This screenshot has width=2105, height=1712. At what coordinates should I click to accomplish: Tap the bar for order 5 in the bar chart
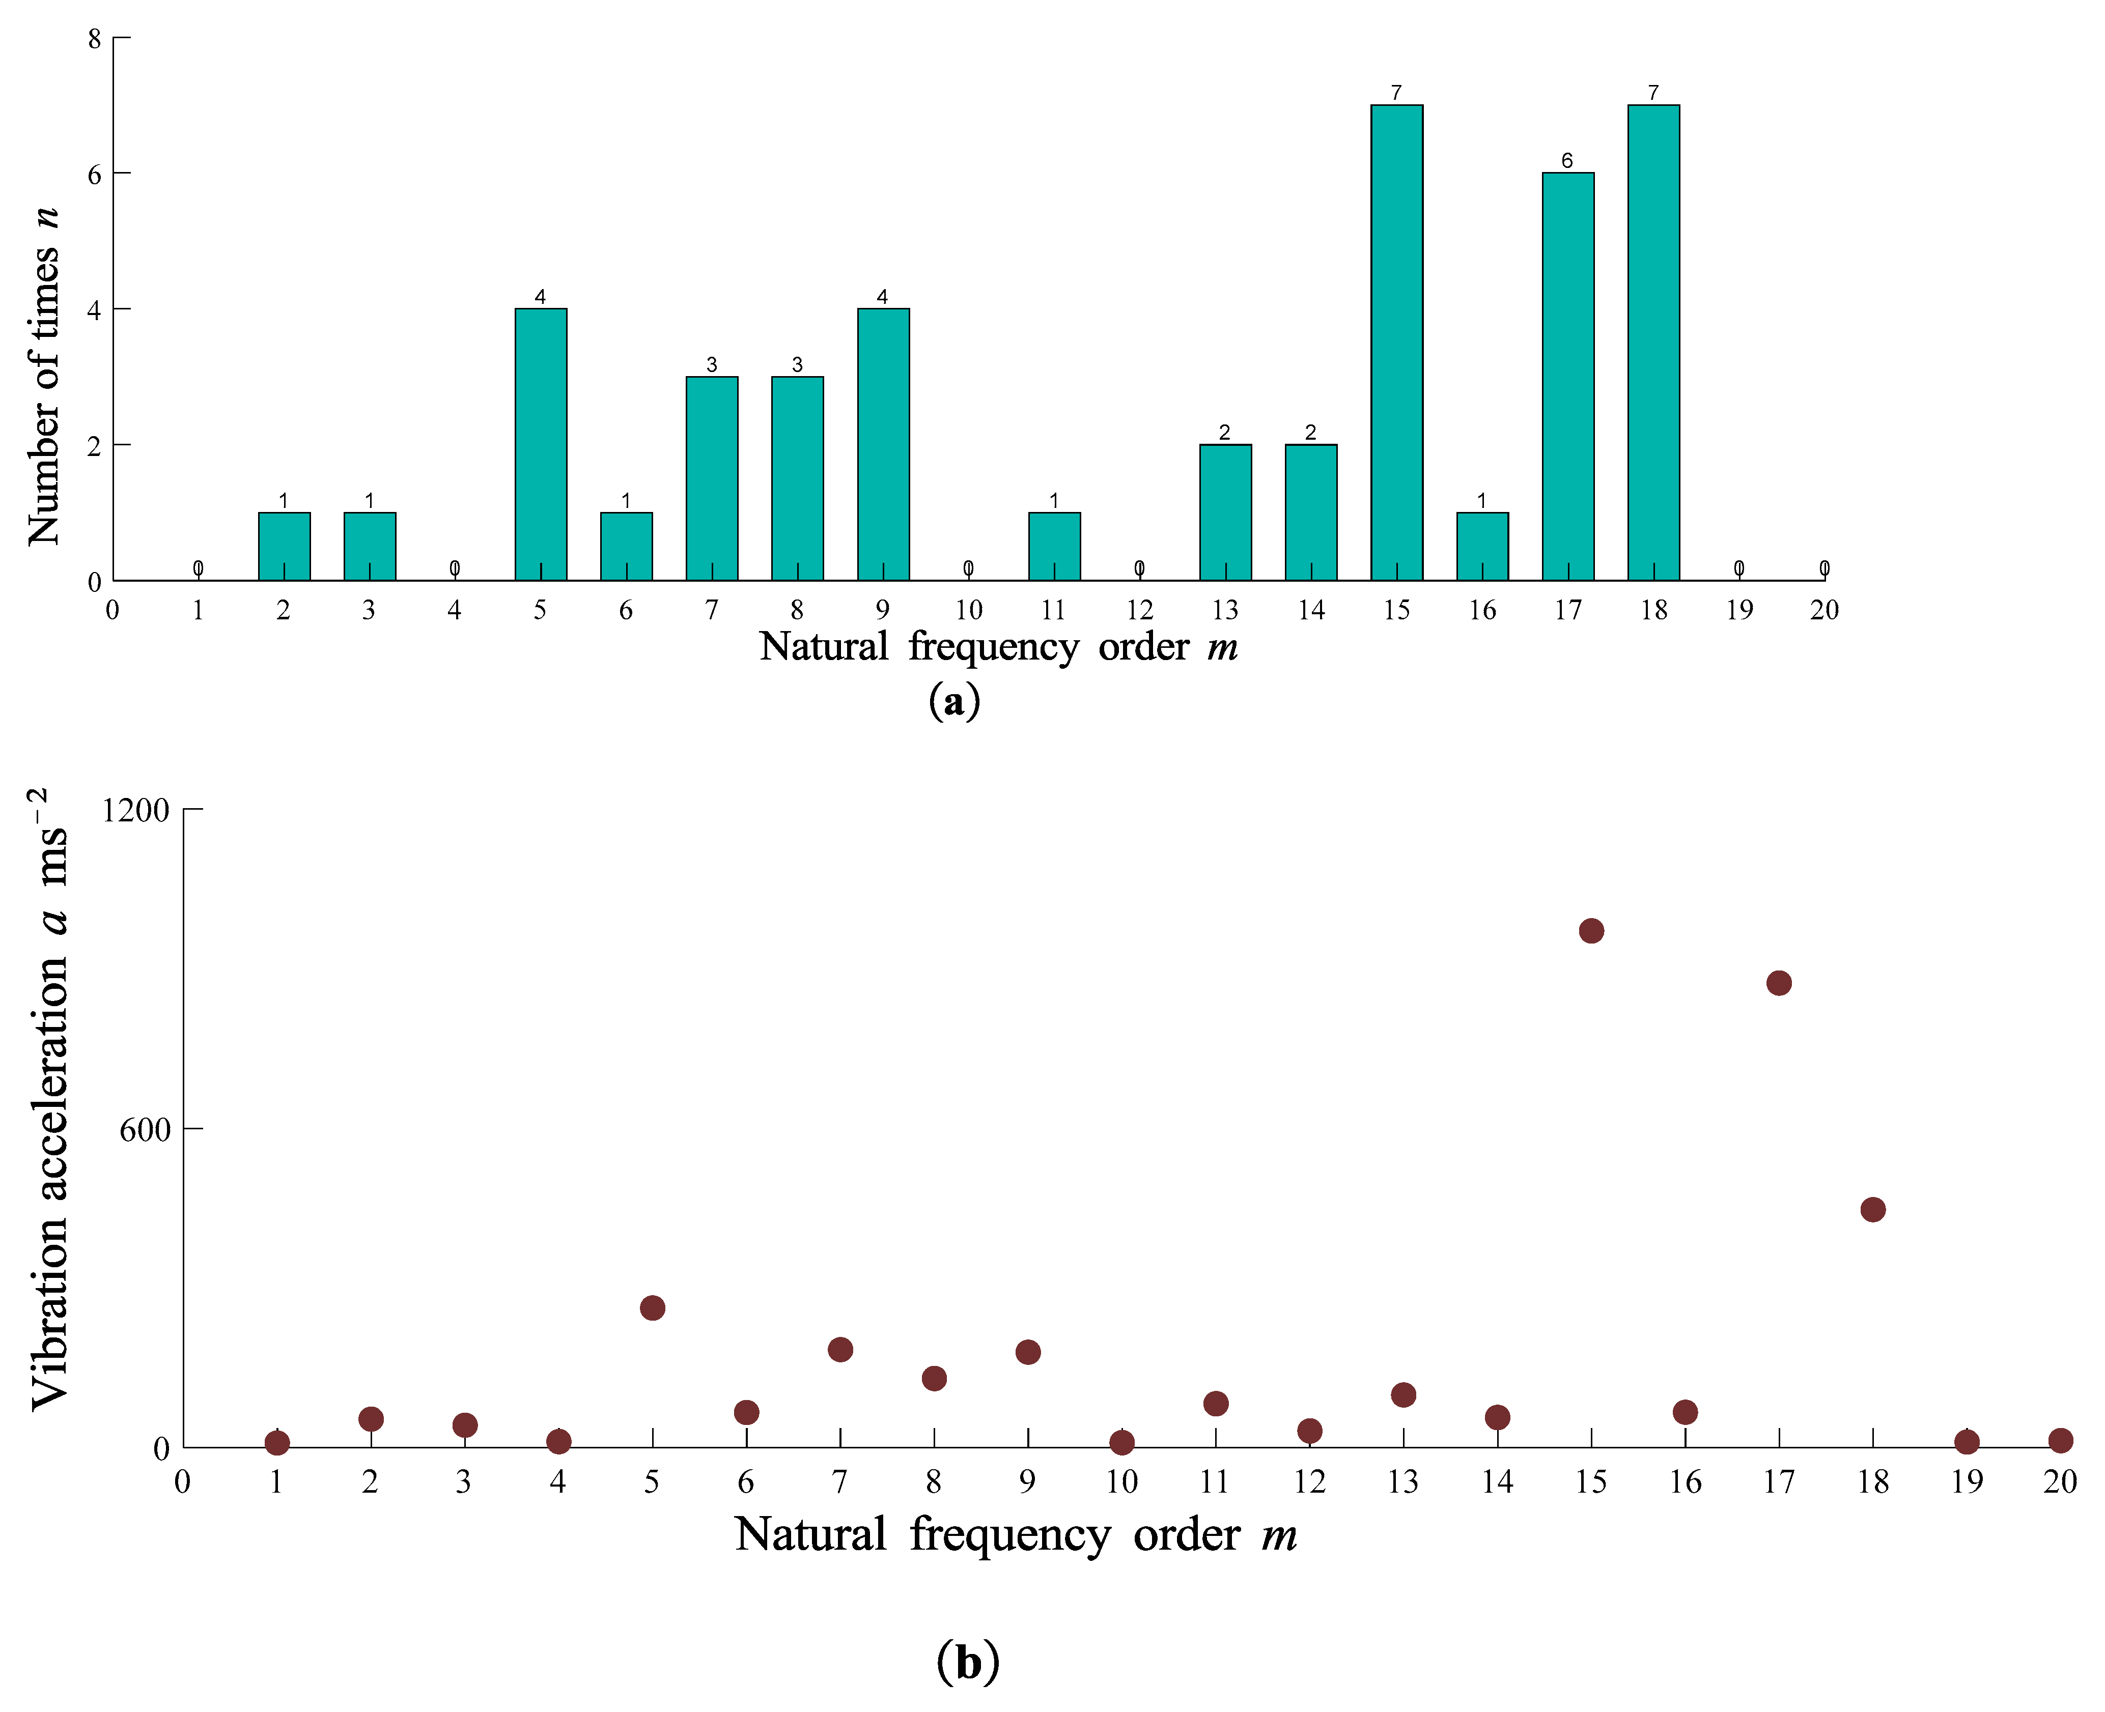pos(541,444)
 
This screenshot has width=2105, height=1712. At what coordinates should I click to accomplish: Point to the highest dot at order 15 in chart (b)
pos(1591,930)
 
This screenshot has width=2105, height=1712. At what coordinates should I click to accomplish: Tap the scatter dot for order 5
pos(652,1308)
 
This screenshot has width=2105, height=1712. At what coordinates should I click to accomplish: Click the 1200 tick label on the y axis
pos(136,811)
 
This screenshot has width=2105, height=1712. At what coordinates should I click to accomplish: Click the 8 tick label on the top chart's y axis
pos(95,40)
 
